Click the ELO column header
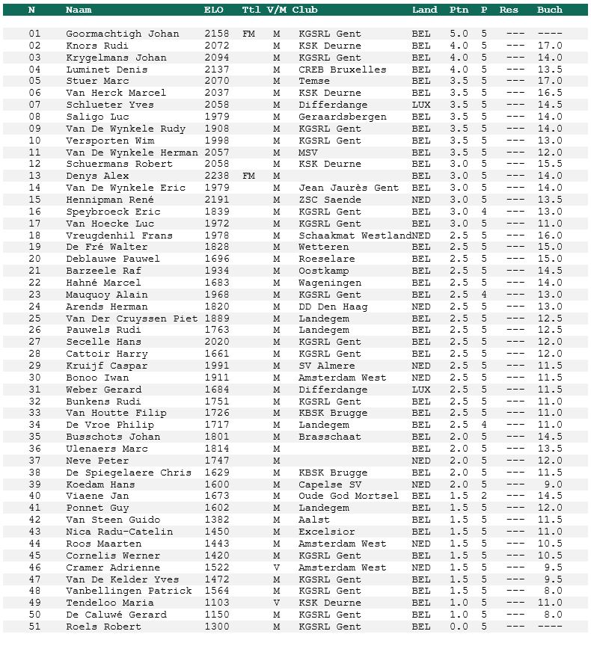pos(213,10)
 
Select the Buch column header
pos(550,10)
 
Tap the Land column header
pos(424,10)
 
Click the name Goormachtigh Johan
pos(123,34)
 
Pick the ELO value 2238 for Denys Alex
pos(216,176)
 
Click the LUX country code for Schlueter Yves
pos(421,105)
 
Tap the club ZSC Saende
pos(330,200)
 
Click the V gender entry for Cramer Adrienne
pos(276,567)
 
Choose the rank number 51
pos(35,627)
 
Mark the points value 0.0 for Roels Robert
pos(459,627)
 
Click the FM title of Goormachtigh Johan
pos(249,34)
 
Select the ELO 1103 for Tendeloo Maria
pos(216,603)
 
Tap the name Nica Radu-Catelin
pos(120,532)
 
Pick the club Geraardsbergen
pos(343,117)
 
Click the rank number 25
pos(35,319)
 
